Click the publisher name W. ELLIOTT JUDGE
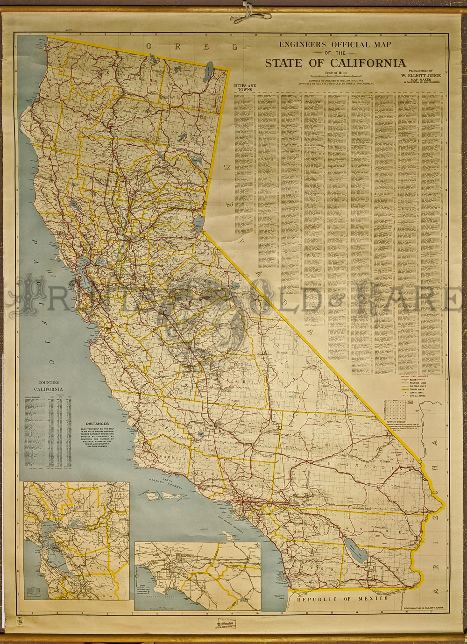pyautogui.click(x=420, y=75)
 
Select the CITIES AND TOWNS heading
pyautogui.click(x=245, y=88)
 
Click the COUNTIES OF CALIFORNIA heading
pyautogui.click(x=49, y=385)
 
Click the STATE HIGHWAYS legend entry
pyautogui.click(x=417, y=376)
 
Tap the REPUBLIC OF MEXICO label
pyautogui.click(x=342, y=599)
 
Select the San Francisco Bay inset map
pyautogui.click(x=77, y=541)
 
